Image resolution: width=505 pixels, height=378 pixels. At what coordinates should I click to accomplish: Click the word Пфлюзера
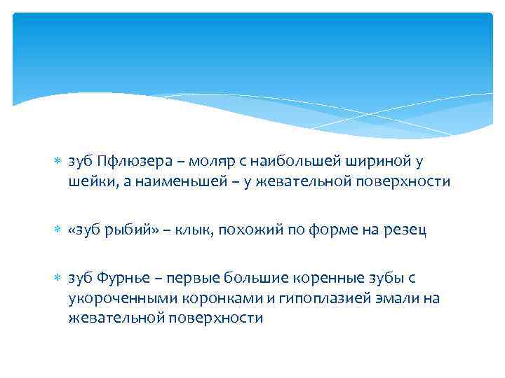click(x=129, y=162)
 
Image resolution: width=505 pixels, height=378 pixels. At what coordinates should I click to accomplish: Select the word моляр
click(x=204, y=162)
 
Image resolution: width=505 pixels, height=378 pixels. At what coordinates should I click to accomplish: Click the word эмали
click(x=384, y=297)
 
